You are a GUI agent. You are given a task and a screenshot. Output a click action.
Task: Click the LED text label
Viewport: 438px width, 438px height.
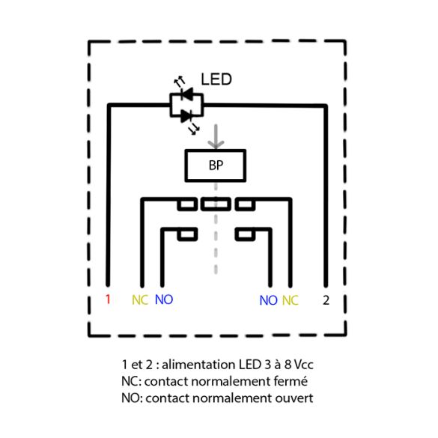pyautogui.click(x=216, y=79)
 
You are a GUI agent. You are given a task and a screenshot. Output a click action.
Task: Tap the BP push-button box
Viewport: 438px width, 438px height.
pyautogui.click(x=216, y=165)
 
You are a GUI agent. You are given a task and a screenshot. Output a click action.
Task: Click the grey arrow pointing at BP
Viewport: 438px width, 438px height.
pyautogui.click(x=216, y=137)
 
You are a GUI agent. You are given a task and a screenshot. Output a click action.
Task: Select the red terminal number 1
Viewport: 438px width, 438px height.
pyautogui.click(x=108, y=299)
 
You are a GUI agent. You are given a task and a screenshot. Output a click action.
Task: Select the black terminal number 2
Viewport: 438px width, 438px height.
pyautogui.click(x=326, y=300)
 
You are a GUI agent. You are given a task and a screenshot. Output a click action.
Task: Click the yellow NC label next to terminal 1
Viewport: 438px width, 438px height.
pyautogui.click(x=140, y=299)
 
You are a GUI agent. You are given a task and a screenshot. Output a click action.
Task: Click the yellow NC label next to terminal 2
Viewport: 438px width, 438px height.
pyautogui.click(x=291, y=300)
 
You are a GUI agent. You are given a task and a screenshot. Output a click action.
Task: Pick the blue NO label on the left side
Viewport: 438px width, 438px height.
pyautogui.click(x=164, y=299)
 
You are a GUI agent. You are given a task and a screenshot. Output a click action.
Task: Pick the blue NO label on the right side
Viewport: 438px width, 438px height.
pyautogui.click(x=269, y=300)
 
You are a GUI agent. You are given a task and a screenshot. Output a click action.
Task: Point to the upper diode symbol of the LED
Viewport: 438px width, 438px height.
pyautogui.click(x=187, y=94)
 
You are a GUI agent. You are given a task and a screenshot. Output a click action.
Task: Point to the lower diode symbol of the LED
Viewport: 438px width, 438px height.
pyautogui.click(x=186, y=115)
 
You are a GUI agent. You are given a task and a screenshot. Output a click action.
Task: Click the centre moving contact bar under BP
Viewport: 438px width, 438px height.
pyautogui.click(x=216, y=204)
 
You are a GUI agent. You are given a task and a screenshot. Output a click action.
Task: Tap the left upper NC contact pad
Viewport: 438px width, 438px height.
pyautogui.click(x=187, y=204)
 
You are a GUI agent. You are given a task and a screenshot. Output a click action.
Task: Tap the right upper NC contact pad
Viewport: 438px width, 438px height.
pyautogui.click(x=245, y=204)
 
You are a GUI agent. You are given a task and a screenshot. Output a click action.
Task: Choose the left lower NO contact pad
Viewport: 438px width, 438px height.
pyautogui.click(x=187, y=234)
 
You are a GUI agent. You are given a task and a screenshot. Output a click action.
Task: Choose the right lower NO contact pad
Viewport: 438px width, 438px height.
pyautogui.click(x=245, y=234)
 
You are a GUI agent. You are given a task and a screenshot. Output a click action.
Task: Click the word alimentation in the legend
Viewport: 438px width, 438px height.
pyautogui.click(x=198, y=365)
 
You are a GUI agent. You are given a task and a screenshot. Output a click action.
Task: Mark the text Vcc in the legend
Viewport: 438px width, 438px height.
pyautogui.click(x=304, y=365)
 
